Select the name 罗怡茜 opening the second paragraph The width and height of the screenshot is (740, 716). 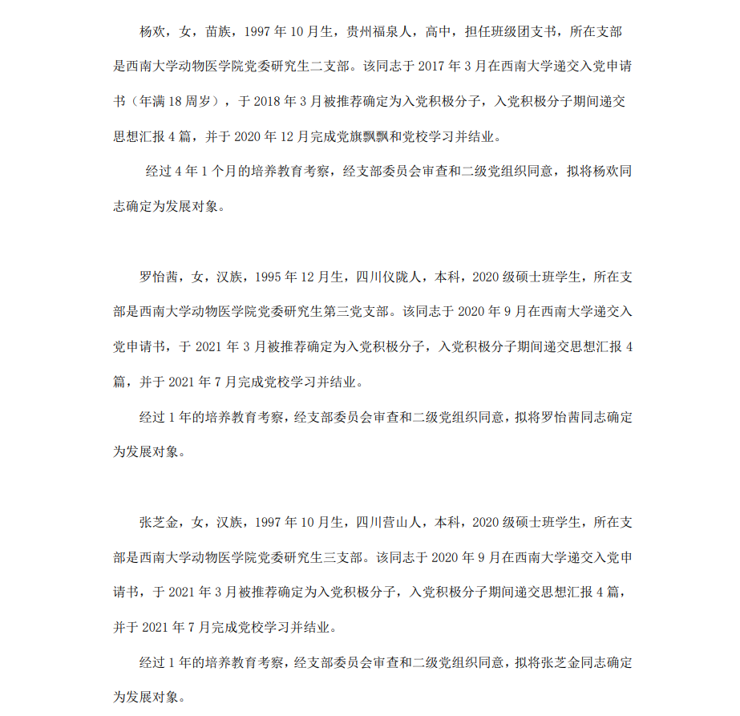click(159, 278)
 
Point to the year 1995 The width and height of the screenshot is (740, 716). click(268, 278)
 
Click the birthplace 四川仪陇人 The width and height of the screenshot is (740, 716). click(387, 278)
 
